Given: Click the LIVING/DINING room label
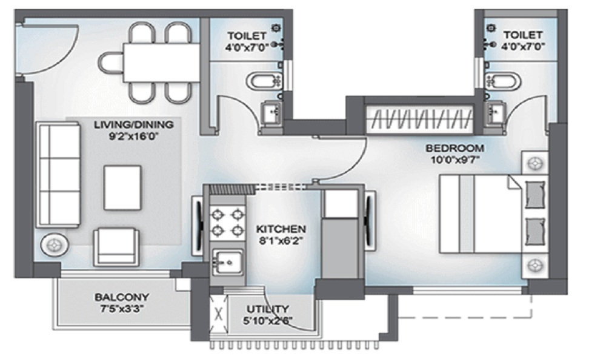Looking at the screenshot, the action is (x=134, y=124).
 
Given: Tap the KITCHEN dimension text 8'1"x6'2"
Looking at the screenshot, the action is (x=281, y=241).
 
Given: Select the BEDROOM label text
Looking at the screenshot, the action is (x=454, y=148).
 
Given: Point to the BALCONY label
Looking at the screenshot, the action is (x=122, y=297).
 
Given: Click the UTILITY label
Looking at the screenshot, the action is (x=268, y=309).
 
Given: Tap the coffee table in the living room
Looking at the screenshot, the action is (x=122, y=187).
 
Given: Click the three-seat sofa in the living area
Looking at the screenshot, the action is (x=58, y=175).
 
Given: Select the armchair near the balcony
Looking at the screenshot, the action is (x=116, y=247).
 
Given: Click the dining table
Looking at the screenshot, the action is (x=162, y=62).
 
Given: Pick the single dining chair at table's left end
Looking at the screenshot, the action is (x=110, y=63).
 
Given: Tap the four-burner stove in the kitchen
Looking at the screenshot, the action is (x=228, y=222).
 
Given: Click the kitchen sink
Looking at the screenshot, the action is (x=228, y=263).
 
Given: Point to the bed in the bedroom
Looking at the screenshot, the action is (x=493, y=214).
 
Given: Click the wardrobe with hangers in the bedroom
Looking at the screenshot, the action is (x=420, y=118).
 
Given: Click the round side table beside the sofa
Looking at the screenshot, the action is (x=55, y=245).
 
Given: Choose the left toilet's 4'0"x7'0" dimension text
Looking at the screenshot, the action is (x=247, y=47).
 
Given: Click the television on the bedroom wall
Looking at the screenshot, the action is (x=370, y=220).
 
